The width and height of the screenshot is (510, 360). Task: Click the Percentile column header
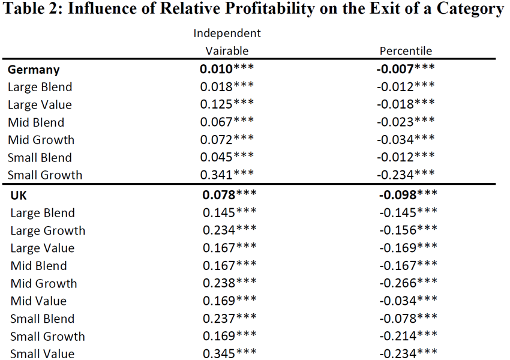point(406,51)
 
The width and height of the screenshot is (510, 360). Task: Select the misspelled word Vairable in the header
point(227,51)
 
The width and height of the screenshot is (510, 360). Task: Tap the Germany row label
point(34,70)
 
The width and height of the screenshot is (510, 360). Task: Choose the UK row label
point(19,196)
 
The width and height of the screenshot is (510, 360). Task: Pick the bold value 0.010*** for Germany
point(227,68)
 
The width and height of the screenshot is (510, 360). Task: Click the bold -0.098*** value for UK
point(408,194)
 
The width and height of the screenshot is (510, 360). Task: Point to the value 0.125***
point(227,104)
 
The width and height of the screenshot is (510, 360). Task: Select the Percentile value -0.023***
point(406,122)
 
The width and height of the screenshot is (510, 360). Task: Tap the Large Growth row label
point(48,230)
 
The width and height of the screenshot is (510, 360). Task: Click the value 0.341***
point(227,175)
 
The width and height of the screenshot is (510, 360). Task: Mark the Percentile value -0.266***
point(408,283)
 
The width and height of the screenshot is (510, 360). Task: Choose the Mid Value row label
point(38,301)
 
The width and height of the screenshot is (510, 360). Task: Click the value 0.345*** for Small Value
point(229,353)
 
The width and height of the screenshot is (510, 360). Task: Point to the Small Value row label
point(42,354)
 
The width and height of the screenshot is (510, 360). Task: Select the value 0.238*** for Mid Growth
point(229,283)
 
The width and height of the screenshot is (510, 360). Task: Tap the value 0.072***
point(227,139)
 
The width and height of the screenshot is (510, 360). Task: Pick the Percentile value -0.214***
point(408,335)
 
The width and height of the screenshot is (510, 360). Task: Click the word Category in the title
point(470,9)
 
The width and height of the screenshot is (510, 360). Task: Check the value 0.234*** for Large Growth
point(229,230)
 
